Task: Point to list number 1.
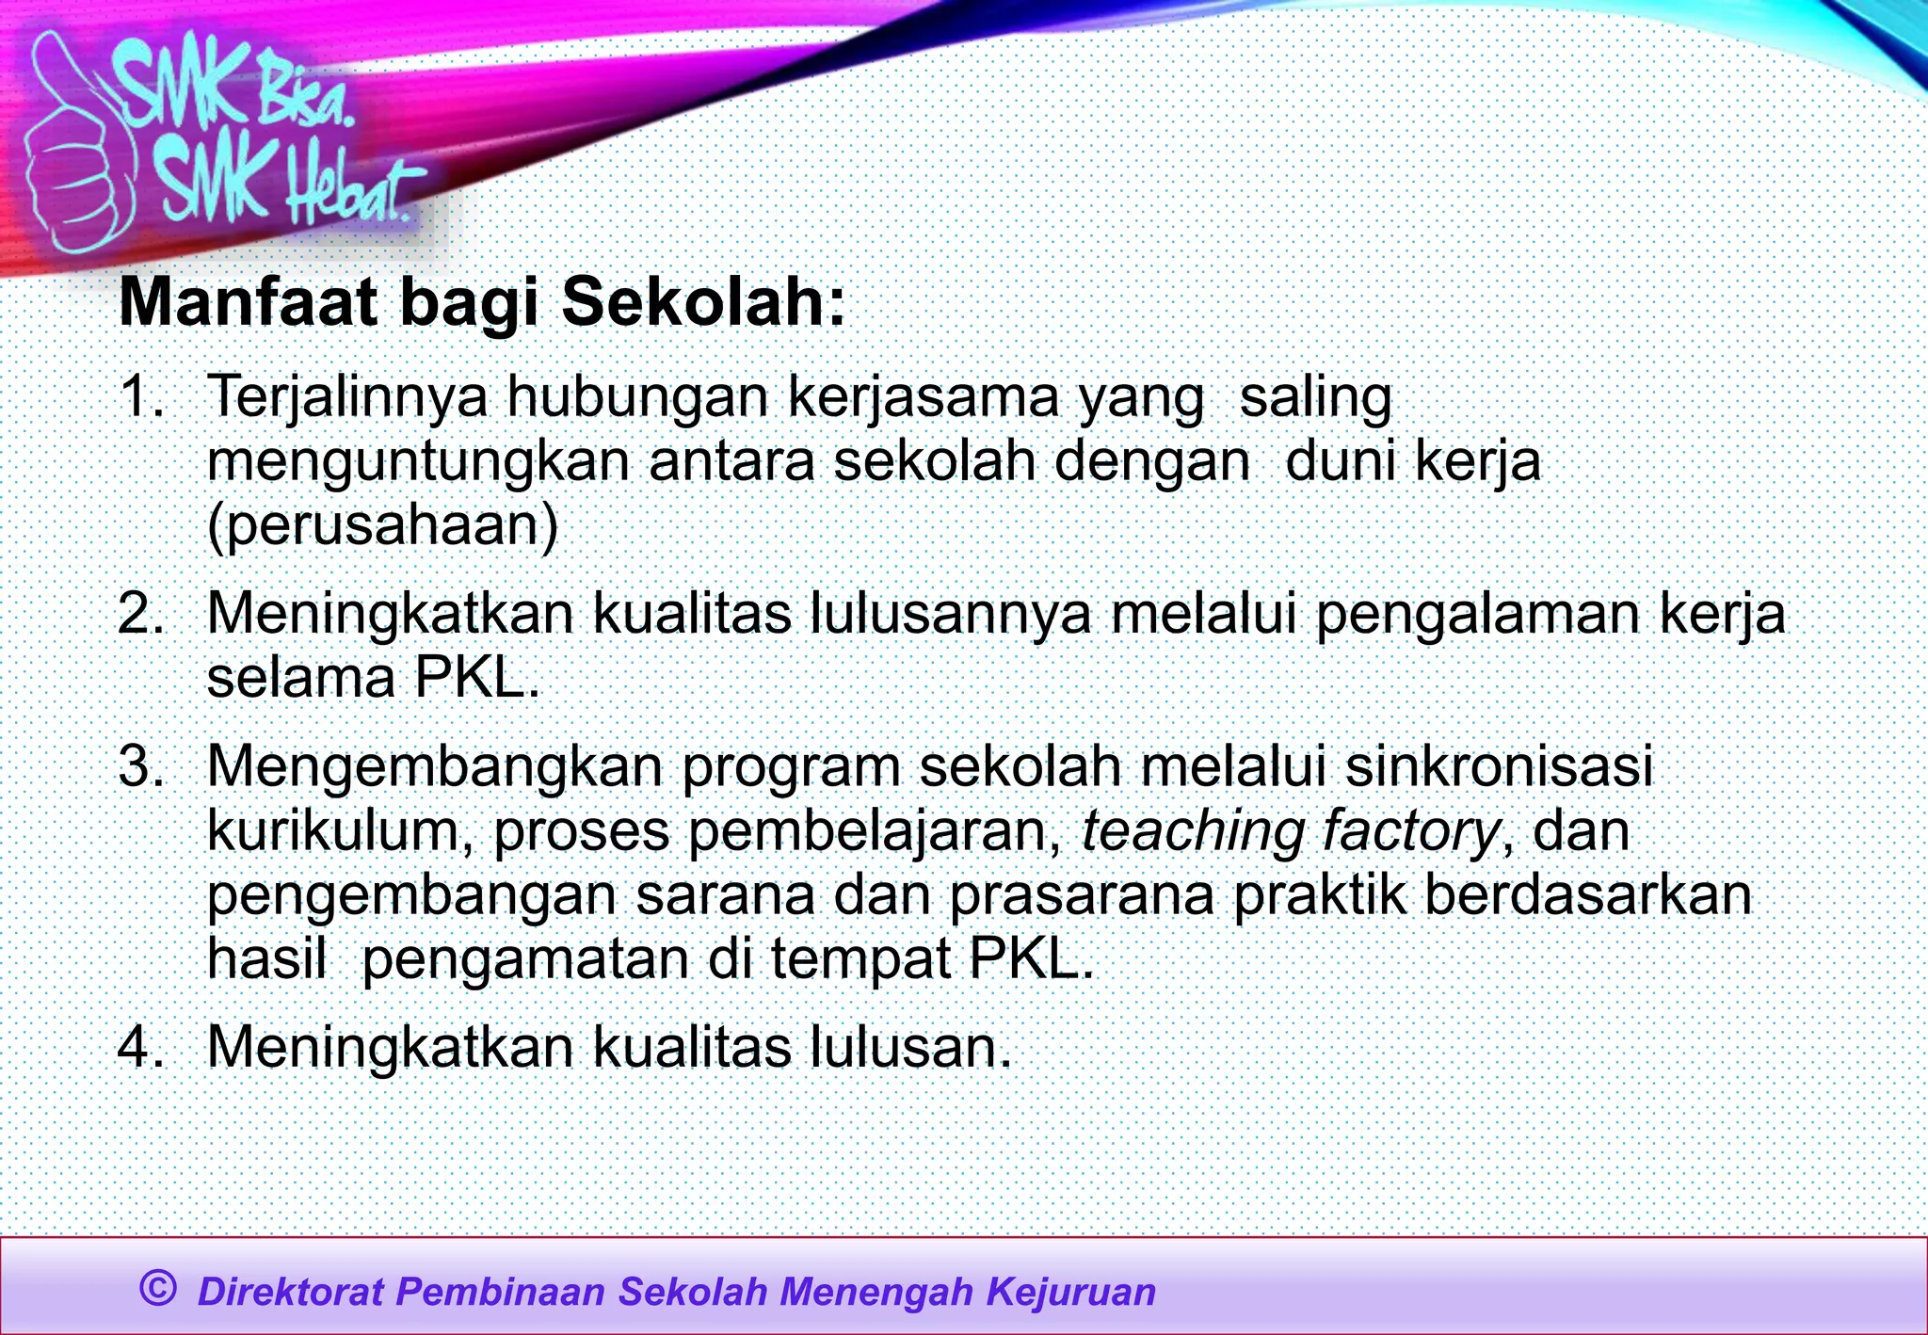coord(141,396)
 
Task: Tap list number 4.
coord(141,1046)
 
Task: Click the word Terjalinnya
coord(346,398)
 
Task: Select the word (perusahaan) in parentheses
coord(382,525)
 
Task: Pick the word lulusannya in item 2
coord(951,614)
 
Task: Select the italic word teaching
coord(1192,832)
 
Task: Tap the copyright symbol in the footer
coord(157,1287)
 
